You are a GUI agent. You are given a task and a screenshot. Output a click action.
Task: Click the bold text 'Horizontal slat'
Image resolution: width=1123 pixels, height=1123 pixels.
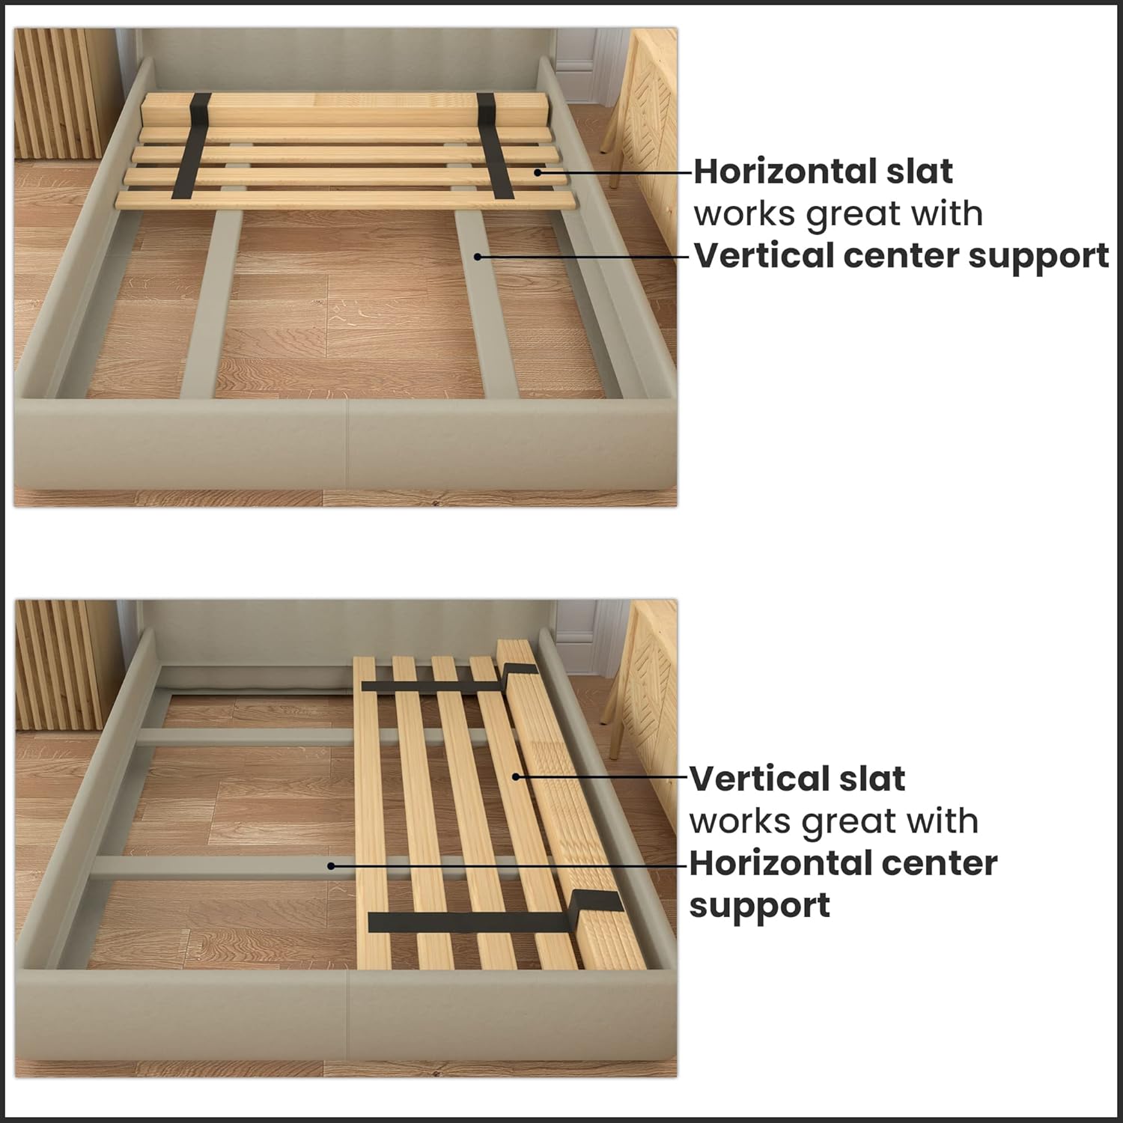coord(822,171)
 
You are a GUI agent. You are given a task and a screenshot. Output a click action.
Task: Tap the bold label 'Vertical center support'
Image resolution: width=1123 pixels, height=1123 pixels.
coord(901,255)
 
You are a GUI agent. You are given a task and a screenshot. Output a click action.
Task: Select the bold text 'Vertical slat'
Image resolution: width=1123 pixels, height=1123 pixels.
coord(797,779)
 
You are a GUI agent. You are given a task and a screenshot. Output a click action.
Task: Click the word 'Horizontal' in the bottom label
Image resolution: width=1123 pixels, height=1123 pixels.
coord(771,863)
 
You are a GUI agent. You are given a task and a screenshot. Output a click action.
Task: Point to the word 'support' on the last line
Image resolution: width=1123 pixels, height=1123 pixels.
coord(759,906)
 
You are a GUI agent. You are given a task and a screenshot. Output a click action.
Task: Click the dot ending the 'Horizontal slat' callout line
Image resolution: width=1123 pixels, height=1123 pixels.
coord(538,172)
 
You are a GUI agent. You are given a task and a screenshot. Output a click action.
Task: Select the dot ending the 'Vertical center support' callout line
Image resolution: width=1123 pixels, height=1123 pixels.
coord(477,256)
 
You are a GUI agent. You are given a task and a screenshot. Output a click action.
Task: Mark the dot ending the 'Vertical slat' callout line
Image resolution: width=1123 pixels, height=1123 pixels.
coord(515,776)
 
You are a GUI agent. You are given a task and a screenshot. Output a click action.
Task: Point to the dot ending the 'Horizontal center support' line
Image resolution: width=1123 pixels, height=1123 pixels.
coord(331,865)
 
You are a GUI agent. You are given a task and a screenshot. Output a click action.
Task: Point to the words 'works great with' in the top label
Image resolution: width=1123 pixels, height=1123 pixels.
coord(838,214)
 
